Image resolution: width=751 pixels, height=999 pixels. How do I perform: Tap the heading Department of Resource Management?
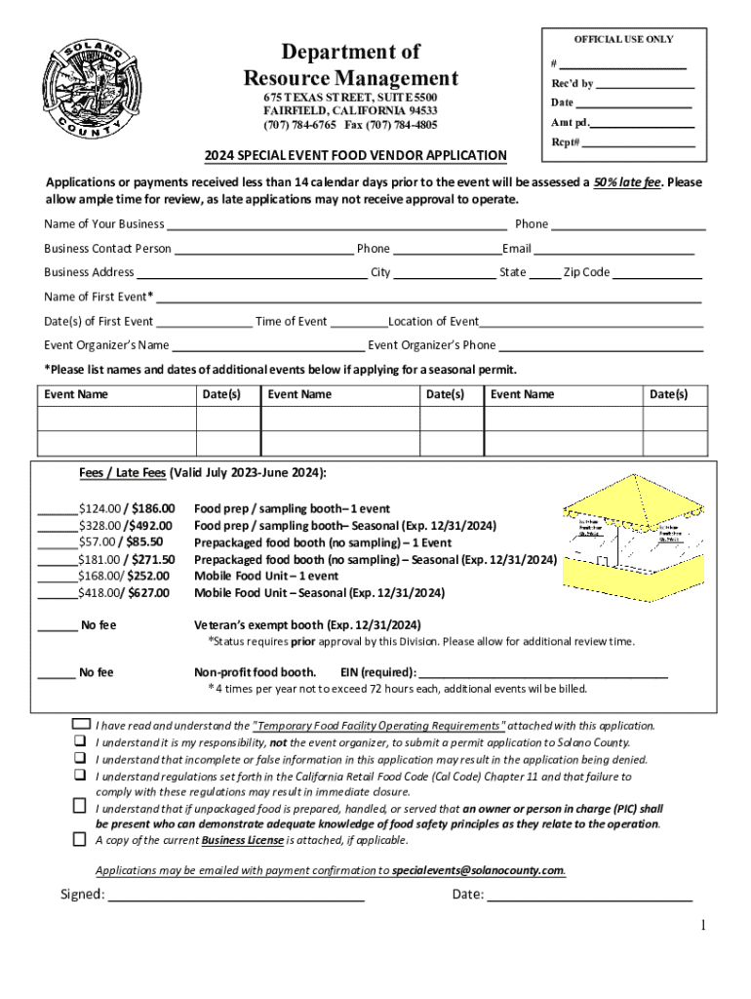click(350, 64)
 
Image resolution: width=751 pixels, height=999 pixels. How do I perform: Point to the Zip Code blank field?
click(657, 274)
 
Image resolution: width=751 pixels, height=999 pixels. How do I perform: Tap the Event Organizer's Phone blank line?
click(601, 346)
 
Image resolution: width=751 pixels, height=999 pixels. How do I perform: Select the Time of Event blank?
click(358, 323)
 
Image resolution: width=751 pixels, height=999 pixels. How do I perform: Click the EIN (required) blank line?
click(543, 673)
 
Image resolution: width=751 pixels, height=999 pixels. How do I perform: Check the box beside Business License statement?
click(79, 839)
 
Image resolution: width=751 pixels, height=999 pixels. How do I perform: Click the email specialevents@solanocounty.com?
click(478, 870)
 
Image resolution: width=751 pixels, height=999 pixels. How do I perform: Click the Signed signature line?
click(235, 896)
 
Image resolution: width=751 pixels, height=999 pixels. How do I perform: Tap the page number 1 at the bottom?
click(701, 925)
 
